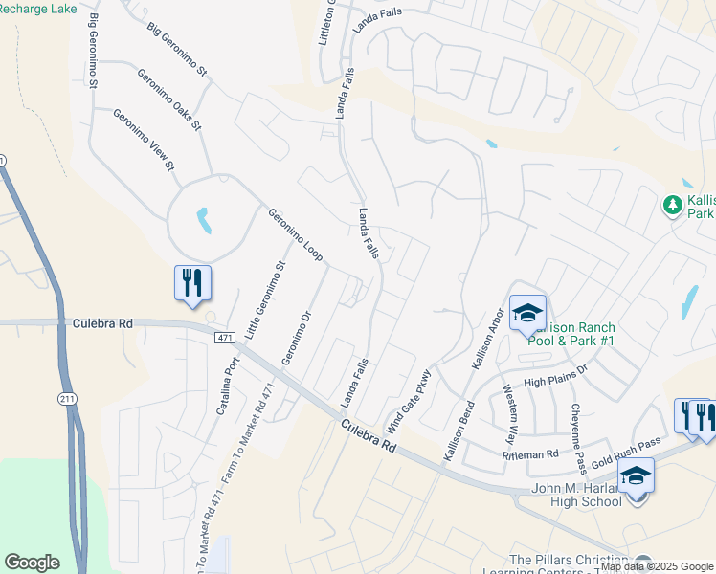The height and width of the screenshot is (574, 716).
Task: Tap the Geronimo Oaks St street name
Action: coord(169,99)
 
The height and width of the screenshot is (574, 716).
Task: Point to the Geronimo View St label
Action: coord(145,141)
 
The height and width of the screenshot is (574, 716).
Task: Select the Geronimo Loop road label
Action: coord(295,235)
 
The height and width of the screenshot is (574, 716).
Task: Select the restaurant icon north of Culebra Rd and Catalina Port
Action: coord(192,284)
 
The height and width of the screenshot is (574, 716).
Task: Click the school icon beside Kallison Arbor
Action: coord(526,312)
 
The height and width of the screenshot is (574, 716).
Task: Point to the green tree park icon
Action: coord(672,205)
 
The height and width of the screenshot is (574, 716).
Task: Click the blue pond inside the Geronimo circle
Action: coord(203,221)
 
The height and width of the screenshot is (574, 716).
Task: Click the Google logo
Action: coord(32,563)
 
